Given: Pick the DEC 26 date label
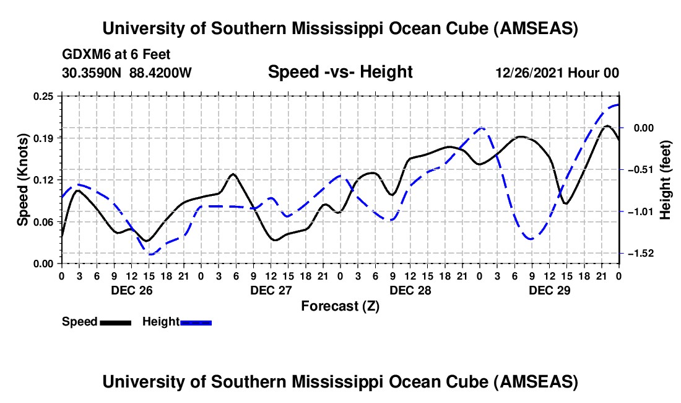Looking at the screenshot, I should coord(131,290).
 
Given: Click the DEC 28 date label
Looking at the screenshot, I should coord(410,290).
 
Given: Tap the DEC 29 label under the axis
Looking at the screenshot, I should coord(549,290).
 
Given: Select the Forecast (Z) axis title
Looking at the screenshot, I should coord(340,306).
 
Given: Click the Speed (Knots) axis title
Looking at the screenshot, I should coord(22,180).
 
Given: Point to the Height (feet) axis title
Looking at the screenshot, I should coord(666,180).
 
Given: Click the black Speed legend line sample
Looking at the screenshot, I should coord(115,322).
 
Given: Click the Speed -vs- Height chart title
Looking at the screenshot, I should coord(340,72).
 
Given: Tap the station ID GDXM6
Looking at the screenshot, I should coord(84,55).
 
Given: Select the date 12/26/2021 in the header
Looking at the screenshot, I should coord(529,73).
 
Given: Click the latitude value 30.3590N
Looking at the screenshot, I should coord(92,73).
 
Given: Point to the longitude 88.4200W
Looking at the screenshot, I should coord(160,73).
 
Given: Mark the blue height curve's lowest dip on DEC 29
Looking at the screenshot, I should coord(530,239).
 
